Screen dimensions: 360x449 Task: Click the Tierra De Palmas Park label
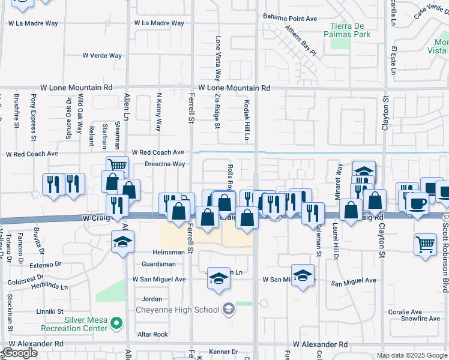pos(351,29)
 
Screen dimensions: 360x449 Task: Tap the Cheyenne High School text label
pos(177,310)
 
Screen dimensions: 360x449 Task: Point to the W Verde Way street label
pos(103,55)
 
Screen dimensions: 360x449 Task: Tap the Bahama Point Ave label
pos(291,19)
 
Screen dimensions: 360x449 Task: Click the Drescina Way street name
pos(164,164)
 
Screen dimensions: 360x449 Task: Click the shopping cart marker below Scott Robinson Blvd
pos(425,244)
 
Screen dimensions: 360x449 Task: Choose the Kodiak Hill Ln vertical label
pos(246,120)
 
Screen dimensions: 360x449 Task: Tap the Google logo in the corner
pos(20,353)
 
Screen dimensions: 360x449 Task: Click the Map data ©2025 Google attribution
pos(411,355)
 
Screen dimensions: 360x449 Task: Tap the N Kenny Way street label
pos(159,112)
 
